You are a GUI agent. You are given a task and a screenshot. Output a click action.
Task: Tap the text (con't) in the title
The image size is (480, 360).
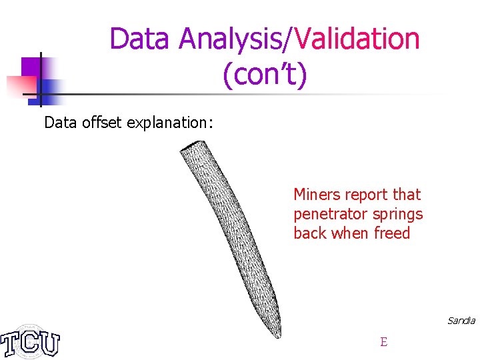coord(265,75)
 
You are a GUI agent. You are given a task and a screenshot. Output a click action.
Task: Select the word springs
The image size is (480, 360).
coord(399,215)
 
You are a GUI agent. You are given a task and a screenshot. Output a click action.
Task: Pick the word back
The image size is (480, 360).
coord(308,233)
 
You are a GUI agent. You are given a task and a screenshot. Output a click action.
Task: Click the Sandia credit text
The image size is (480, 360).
coord(461,321)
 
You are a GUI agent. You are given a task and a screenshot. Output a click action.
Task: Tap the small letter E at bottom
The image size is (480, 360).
coord(383,342)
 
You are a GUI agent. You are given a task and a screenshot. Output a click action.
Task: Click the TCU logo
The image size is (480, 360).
coord(31,341)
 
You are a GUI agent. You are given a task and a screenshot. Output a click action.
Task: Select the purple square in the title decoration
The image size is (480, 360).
coord(31,67)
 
